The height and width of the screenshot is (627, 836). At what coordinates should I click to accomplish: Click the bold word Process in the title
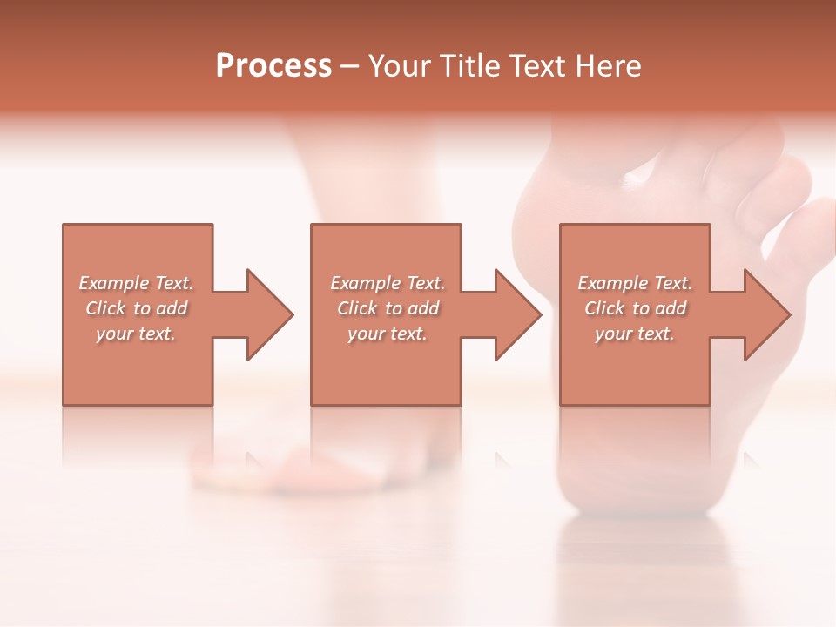click(273, 66)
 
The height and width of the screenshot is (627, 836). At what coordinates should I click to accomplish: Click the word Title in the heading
click(471, 66)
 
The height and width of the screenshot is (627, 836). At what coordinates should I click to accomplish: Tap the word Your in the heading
click(401, 66)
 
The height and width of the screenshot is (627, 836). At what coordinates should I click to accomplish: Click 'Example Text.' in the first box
click(136, 283)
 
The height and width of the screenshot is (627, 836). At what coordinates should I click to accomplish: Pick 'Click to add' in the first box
click(137, 308)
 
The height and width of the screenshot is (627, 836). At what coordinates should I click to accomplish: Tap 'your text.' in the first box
click(136, 334)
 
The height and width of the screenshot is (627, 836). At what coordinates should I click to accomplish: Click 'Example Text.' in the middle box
click(388, 283)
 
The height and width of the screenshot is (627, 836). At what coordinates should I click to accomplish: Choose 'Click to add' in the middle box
click(388, 308)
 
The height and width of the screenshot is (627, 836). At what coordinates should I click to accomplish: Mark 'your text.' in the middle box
click(388, 334)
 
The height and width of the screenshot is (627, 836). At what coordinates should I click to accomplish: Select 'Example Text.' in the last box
click(635, 283)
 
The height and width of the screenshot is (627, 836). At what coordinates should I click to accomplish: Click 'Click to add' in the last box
click(635, 308)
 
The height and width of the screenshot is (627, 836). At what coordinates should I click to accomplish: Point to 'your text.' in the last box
click(635, 334)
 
